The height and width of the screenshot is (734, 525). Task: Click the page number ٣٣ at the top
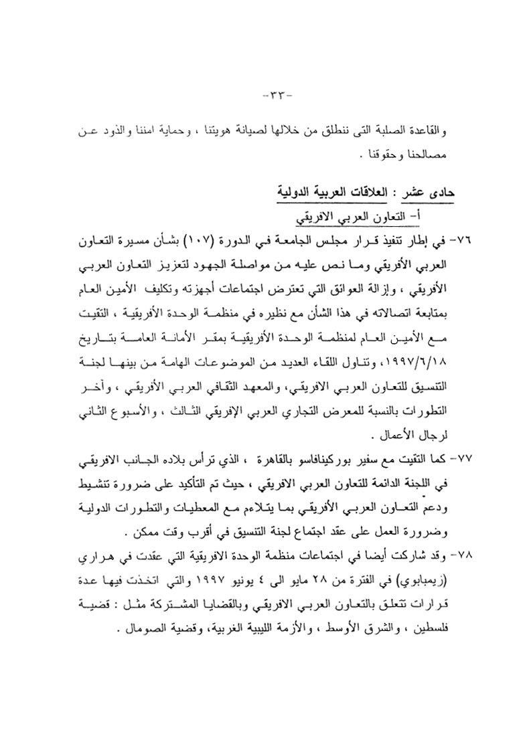pos(274,93)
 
